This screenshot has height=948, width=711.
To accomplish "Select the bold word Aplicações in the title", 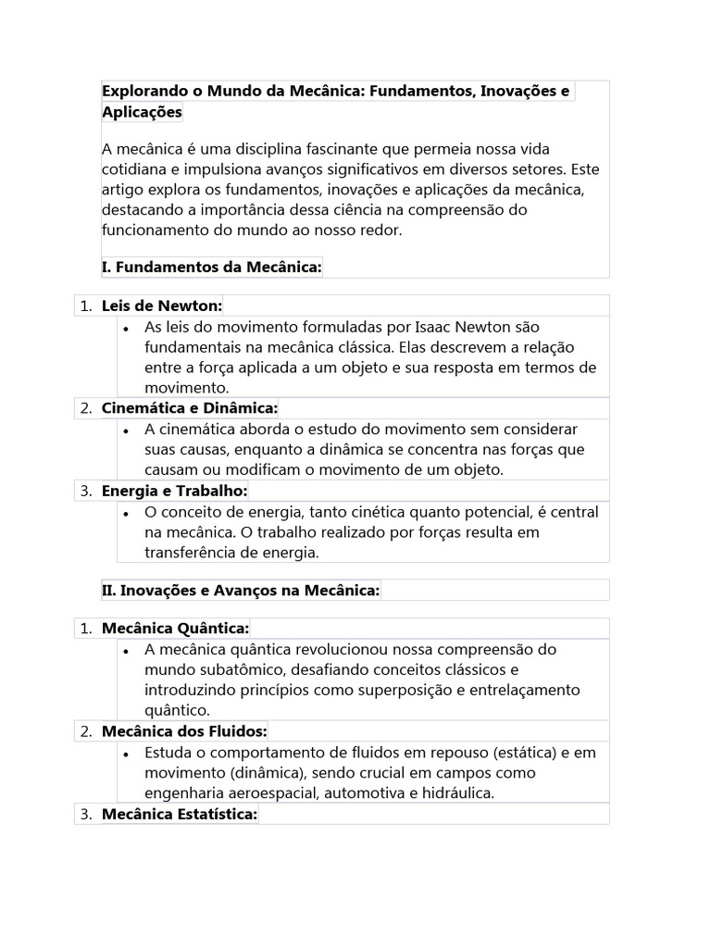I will [x=142, y=112].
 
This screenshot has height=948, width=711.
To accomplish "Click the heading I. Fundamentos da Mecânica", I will [x=211, y=267].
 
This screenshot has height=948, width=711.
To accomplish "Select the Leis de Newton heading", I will [x=162, y=306].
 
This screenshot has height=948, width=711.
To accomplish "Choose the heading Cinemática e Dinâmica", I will [x=189, y=408].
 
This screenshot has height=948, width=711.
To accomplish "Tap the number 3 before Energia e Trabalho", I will [x=84, y=491].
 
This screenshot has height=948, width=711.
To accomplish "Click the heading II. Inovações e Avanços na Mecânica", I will [x=241, y=590].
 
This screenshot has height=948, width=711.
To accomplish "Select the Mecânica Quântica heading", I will [x=175, y=629].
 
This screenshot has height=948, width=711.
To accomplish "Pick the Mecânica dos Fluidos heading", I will [x=184, y=731].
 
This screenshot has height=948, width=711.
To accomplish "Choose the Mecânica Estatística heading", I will [x=180, y=814].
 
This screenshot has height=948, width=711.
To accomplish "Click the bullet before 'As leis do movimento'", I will [x=125, y=328].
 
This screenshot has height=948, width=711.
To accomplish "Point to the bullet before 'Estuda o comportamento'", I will [x=125, y=753].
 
